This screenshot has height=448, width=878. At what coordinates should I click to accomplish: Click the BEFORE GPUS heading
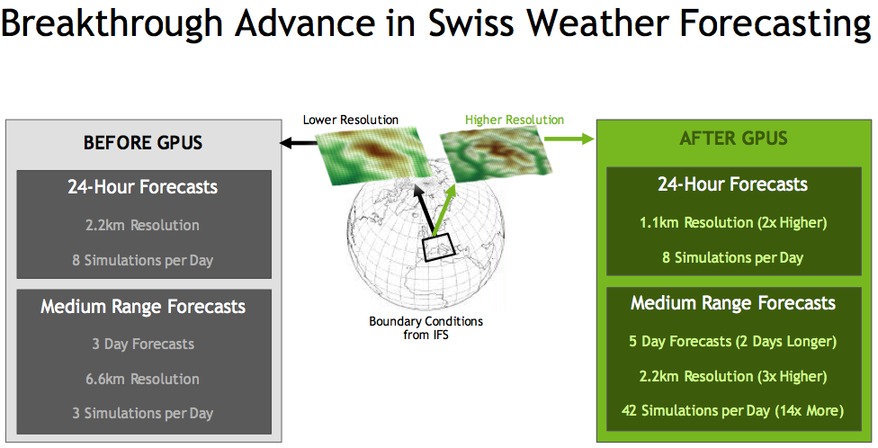pos(143,143)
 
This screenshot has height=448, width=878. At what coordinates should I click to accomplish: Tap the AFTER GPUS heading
pos(733,139)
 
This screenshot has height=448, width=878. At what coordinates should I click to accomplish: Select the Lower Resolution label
pos(351,120)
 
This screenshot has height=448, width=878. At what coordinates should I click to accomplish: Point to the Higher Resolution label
pos(515,120)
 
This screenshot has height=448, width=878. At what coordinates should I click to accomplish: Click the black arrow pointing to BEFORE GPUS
pos(299,143)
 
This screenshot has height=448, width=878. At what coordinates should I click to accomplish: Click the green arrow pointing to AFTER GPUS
pos(569,139)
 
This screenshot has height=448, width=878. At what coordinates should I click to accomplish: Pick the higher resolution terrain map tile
pos(496,154)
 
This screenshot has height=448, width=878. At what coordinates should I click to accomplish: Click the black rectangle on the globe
pos(437,248)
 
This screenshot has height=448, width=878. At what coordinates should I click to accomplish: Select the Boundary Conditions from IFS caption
pos(426,328)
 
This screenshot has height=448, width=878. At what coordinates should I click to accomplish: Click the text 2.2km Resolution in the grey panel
pos(142,225)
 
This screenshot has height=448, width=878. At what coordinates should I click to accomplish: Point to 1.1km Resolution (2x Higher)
pos(733,223)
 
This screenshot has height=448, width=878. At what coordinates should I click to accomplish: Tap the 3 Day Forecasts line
pos(143,344)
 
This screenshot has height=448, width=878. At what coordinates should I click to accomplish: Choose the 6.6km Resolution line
pos(142,379)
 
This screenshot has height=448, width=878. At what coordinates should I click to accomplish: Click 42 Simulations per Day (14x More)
pos(732,411)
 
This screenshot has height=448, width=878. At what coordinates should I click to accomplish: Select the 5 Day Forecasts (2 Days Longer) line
pos(732,342)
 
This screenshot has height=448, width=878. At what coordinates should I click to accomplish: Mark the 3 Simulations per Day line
pos(142,414)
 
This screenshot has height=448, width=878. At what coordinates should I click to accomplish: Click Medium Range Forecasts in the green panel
pos(733,303)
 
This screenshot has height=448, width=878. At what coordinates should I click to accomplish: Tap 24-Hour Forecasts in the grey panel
pos(142,187)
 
